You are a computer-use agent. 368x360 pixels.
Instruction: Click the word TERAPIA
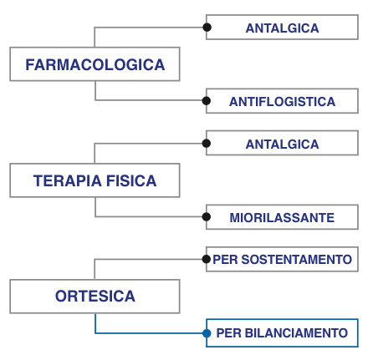[68, 180]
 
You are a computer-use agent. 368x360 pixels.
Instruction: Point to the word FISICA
[131, 180]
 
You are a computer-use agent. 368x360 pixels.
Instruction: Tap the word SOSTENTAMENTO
[297, 260]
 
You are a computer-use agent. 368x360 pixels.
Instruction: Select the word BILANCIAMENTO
[296, 333]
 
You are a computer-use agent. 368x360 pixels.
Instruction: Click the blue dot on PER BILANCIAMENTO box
[207, 333]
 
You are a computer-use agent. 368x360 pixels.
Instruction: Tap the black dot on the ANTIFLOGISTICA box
[207, 101]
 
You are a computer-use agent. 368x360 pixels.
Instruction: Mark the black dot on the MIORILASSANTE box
[207, 217]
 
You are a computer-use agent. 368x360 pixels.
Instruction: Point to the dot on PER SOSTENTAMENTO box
[207, 259]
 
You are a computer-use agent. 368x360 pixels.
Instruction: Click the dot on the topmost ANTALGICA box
[207, 28]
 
